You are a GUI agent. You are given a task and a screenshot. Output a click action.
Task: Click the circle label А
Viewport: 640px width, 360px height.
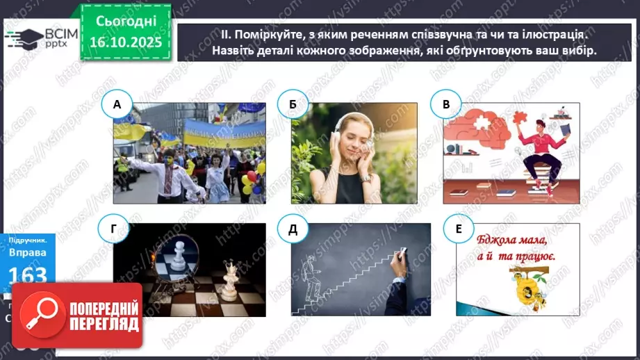(117, 106)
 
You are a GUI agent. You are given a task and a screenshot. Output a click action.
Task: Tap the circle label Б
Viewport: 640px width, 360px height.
(292, 106)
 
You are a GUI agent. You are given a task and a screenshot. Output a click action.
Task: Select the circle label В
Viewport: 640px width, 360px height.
(446, 106)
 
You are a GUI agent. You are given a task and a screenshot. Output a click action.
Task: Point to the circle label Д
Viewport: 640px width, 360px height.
(292, 230)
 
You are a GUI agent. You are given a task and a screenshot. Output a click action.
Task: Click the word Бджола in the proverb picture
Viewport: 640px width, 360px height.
(500, 240)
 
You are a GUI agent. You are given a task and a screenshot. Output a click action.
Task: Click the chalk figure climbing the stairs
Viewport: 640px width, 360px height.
(311, 275)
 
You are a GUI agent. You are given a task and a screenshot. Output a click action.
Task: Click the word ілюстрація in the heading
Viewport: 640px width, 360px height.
(546, 33)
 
